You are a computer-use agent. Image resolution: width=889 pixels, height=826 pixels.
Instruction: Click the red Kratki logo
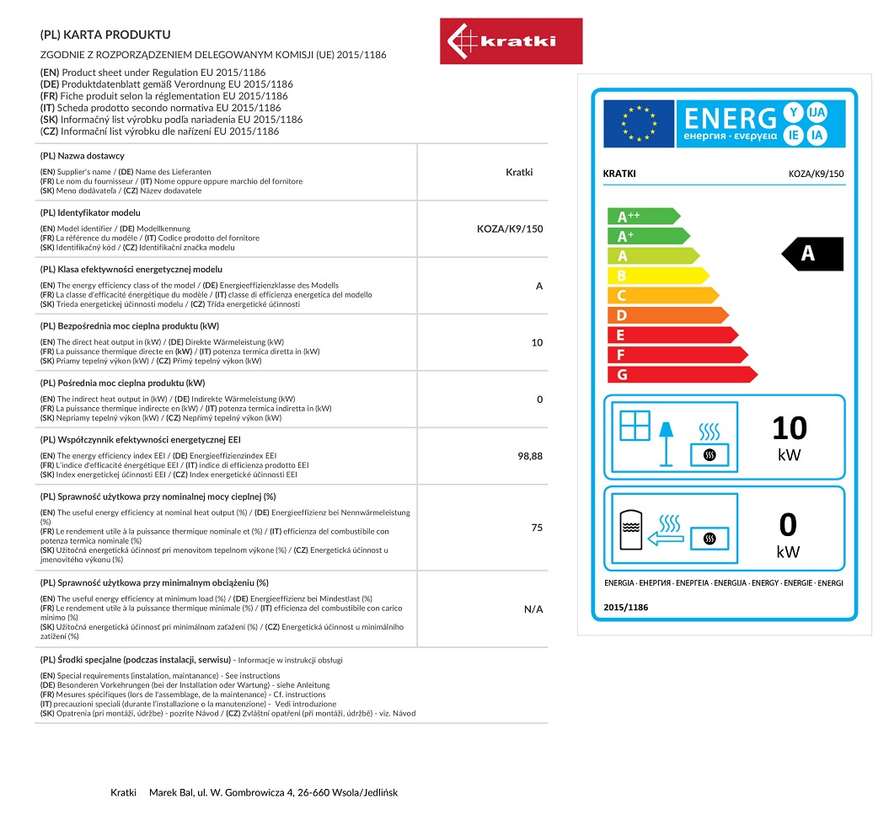point(511,41)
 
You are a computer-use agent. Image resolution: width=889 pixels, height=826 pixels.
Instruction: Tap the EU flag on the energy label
point(638,124)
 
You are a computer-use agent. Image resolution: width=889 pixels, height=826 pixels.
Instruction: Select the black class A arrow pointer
point(812,254)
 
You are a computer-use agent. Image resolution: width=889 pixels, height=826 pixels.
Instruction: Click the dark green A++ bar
point(642,216)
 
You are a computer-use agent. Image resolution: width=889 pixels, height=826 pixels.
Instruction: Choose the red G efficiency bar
point(682,374)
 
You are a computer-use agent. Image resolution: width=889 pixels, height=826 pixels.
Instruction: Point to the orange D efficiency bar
point(667,315)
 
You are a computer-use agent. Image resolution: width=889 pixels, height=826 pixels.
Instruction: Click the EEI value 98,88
point(530,456)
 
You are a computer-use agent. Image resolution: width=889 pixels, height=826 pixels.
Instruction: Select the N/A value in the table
point(533,609)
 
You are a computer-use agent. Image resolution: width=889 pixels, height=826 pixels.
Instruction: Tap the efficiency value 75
point(537,528)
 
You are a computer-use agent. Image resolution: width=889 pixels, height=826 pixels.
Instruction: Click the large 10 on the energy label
point(789,428)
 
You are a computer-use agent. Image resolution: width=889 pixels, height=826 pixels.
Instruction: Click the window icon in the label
point(635,425)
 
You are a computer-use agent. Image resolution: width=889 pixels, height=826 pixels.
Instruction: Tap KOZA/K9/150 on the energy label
point(815,174)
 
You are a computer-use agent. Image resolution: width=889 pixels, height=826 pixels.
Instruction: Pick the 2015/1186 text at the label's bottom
point(626,607)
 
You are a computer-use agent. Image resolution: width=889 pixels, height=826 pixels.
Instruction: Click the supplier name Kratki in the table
point(519,172)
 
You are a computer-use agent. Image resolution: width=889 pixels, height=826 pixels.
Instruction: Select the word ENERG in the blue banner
point(730,119)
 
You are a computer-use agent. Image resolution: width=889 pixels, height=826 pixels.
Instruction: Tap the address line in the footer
point(254,792)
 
